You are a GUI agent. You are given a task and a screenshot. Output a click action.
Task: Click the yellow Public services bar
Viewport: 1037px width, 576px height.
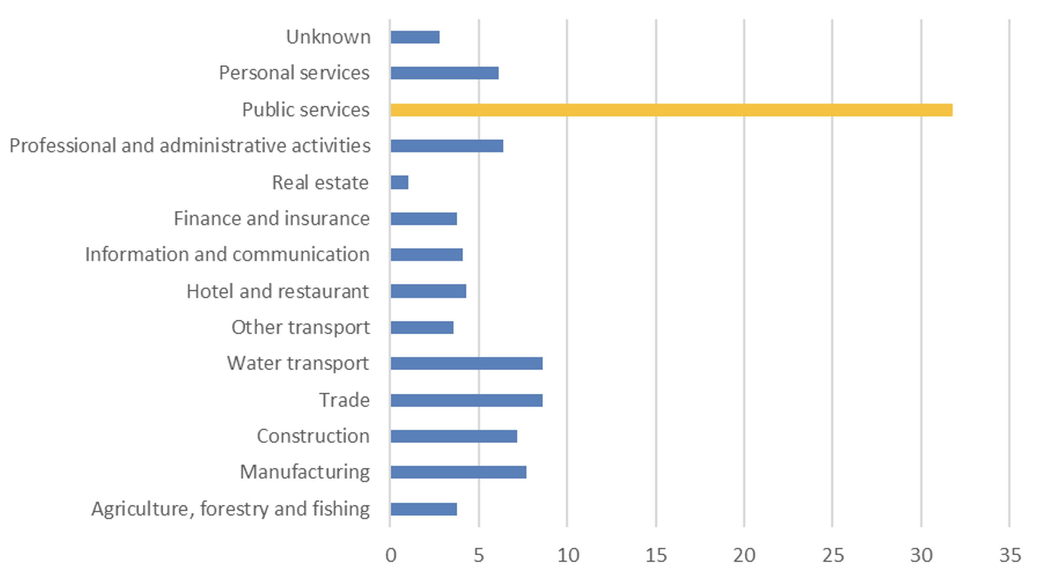[x=672, y=110]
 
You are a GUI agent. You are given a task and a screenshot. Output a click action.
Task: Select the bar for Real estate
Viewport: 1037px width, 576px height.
[x=399, y=182]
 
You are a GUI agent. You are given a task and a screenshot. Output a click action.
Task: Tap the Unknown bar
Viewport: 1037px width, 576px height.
[x=415, y=37]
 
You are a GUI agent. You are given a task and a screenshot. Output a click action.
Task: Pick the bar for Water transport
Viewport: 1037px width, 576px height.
[x=467, y=363]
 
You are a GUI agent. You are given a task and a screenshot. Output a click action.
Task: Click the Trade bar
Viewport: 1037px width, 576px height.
[x=467, y=400]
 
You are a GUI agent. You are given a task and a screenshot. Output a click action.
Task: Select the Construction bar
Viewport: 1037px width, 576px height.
[x=454, y=436]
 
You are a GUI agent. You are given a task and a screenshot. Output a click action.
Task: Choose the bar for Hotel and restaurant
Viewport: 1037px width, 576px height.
[x=428, y=291]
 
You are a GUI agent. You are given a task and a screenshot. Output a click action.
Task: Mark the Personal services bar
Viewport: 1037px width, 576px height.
[x=444, y=73]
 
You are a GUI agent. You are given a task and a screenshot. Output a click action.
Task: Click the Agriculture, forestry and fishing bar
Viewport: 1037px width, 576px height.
[x=423, y=509]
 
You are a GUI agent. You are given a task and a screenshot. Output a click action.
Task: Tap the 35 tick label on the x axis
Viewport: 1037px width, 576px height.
[x=1010, y=555]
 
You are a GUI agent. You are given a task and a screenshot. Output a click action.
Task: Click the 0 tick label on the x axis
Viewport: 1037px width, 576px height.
[x=391, y=555]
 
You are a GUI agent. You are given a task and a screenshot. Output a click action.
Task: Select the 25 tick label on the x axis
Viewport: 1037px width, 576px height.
[x=833, y=555]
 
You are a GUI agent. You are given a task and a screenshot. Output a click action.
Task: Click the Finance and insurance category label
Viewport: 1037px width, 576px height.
[x=272, y=219]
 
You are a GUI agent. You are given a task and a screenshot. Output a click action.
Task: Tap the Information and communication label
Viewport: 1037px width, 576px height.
[x=228, y=255]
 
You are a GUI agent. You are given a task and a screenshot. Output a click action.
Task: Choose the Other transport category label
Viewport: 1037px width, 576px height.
[x=301, y=327]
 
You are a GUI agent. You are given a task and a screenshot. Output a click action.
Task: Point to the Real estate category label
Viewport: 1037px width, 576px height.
[x=321, y=182]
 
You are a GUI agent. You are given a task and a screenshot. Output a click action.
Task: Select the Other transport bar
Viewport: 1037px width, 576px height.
[x=422, y=328]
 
